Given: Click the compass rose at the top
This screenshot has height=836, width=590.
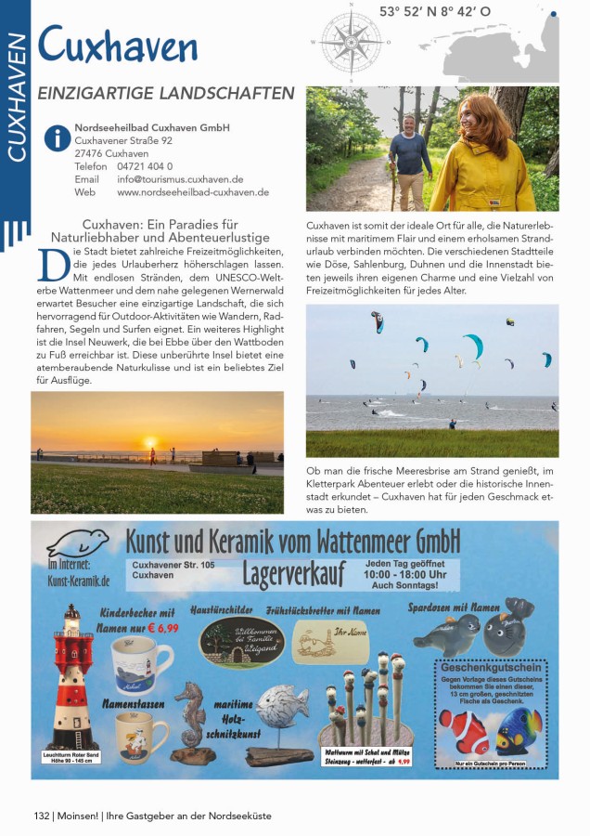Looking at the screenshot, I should click(x=351, y=42).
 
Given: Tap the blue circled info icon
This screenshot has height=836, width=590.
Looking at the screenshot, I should click(x=57, y=139).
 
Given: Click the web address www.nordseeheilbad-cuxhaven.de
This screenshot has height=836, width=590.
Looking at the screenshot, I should click(x=193, y=192).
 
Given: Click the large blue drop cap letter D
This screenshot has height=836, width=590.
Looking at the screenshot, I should click(x=52, y=266).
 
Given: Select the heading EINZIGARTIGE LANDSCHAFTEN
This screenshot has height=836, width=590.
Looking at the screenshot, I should click(x=166, y=94).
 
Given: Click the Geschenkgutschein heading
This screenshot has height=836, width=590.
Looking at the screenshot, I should click(x=490, y=667).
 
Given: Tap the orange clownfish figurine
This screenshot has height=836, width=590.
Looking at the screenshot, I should click(x=463, y=731).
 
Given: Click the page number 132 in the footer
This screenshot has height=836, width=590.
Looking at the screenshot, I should click(x=41, y=816).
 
